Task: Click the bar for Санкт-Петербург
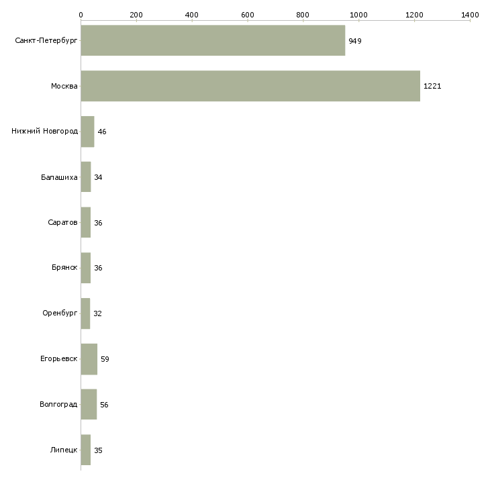[x=213, y=41]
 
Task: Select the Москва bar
[x=250, y=86]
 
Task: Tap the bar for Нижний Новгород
[x=87, y=132]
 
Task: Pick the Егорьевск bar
[x=89, y=359]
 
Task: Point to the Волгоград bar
[x=89, y=404]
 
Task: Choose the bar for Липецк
[x=86, y=450]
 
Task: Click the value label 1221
[x=432, y=86]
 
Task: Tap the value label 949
[x=355, y=41]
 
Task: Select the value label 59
[x=105, y=359]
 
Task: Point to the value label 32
[x=97, y=313]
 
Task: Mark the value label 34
[x=98, y=177]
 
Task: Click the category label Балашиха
[x=59, y=177]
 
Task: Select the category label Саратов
[x=62, y=222]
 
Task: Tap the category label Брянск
[x=64, y=268]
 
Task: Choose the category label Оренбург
[x=60, y=313]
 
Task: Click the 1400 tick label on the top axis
[x=470, y=15]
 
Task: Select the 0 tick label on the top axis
[x=81, y=15]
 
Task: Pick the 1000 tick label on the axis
[x=358, y=15]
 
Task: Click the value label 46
[x=102, y=132]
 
